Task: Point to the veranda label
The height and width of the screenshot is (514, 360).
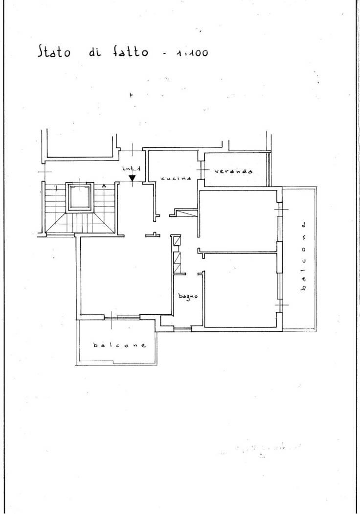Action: tap(233, 171)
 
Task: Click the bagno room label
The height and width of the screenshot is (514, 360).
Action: tap(188, 296)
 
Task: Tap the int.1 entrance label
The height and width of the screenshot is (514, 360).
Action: tap(132, 169)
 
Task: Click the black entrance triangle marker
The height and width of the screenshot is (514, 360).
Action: tap(132, 179)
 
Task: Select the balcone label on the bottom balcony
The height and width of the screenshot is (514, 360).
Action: tap(119, 345)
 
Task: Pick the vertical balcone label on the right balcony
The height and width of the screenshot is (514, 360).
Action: tap(304, 257)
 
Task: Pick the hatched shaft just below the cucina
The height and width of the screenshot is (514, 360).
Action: tap(186, 213)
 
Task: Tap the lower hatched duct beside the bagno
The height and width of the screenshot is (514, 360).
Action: tap(177, 262)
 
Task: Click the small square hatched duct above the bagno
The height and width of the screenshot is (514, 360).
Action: tap(177, 241)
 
